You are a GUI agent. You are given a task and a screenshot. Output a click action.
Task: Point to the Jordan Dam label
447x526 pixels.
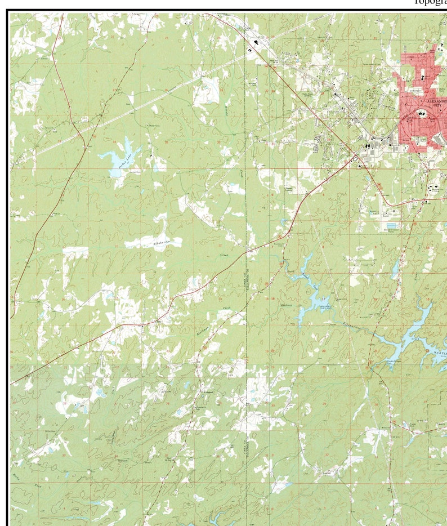(x=135, y=171)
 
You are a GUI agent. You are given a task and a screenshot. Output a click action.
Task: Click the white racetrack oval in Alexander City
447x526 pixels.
(x=422, y=113)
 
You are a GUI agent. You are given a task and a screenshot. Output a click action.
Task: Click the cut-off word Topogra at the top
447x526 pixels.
(x=430, y=2)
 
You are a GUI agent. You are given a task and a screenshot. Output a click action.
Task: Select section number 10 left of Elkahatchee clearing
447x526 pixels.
(x=117, y=246)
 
